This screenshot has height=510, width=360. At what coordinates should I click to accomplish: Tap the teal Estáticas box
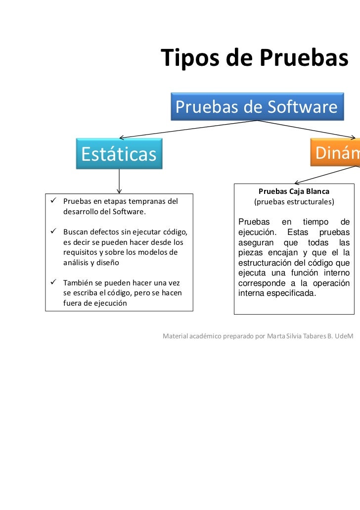pyautogui.click(x=119, y=154)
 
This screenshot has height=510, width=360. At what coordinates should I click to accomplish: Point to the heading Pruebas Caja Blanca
pyautogui.click(x=294, y=191)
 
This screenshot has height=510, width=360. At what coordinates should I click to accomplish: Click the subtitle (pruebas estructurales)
pyautogui.click(x=294, y=202)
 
